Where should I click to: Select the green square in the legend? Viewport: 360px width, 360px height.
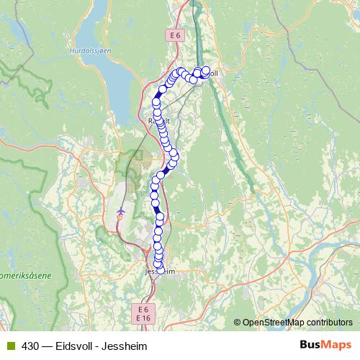(x=9, y=346)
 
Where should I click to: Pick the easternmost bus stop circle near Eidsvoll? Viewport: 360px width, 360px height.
(x=206, y=71)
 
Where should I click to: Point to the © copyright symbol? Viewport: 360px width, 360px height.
(x=238, y=322)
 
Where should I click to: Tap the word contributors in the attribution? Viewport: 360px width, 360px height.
(x=331, y=322)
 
